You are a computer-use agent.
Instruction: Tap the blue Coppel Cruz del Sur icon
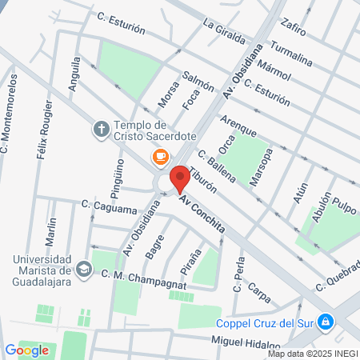pyautogui.click(x=325, y=322)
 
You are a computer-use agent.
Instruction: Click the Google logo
pyautogui.click(x=27, y=350)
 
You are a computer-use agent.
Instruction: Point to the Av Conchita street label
pyautogui.click(x=202, y=215)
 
